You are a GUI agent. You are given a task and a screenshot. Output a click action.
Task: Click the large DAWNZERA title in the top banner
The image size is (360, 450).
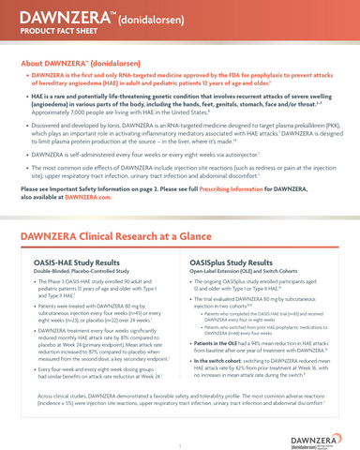coord(64,18)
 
